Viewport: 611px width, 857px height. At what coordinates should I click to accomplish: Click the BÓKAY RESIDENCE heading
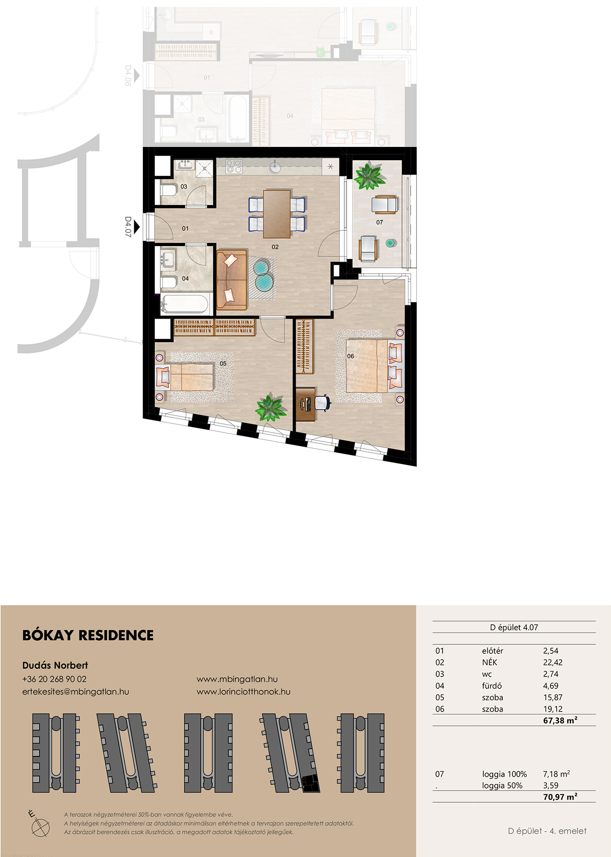click(88, 635)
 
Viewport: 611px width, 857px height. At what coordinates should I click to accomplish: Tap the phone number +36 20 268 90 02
click(54, 679)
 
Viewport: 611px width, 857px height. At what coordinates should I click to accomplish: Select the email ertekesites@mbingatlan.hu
click(75, 691)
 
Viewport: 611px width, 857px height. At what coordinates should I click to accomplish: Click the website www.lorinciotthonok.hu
click(243, 691)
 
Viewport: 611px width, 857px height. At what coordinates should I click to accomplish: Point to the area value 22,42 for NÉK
click(553, 662)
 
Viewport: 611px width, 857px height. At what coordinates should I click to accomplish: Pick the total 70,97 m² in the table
click(560, 797)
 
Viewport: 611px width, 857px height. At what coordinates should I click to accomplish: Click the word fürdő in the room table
click(492, 685)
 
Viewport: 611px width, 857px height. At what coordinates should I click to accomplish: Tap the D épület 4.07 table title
click(514, 627)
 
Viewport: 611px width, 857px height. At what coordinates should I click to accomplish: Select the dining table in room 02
click(276, 214)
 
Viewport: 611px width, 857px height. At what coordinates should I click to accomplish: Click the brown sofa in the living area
click(232, 279)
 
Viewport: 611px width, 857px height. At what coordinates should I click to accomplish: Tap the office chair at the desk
click(322, 402)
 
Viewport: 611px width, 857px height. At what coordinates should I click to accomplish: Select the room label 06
click(350, 356)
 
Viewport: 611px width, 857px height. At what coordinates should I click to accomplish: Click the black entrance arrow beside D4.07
click(137, 227)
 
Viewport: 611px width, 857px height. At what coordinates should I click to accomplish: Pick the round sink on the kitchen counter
click(275, 167)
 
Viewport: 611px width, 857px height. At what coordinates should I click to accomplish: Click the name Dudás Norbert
click(55, 665)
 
